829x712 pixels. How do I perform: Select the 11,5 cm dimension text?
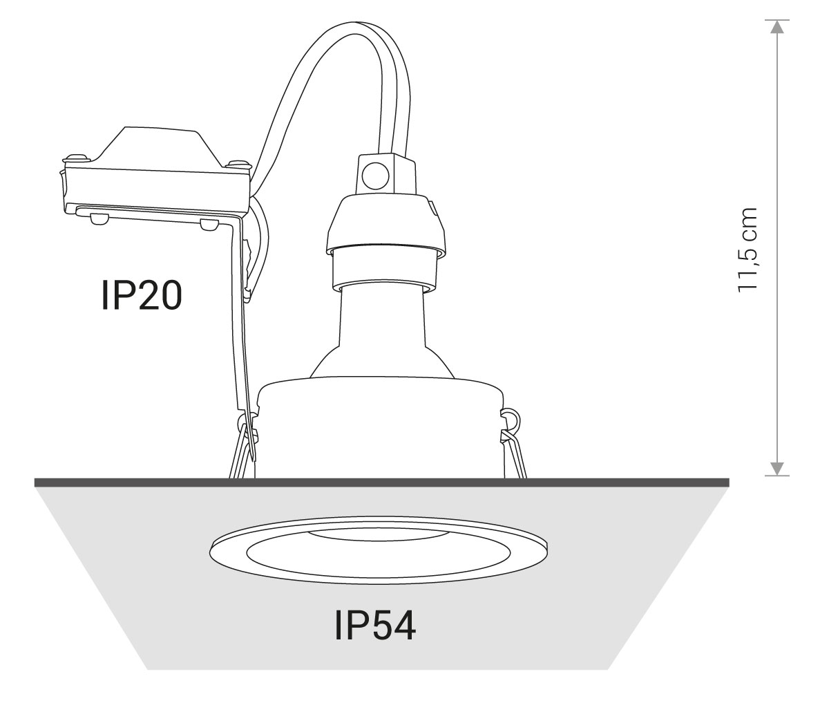point(747,250)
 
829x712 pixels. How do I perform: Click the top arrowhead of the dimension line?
point(777,27)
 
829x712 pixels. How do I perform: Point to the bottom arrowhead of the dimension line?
point(777,469)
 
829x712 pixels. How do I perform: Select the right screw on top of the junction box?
point(238,164)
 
